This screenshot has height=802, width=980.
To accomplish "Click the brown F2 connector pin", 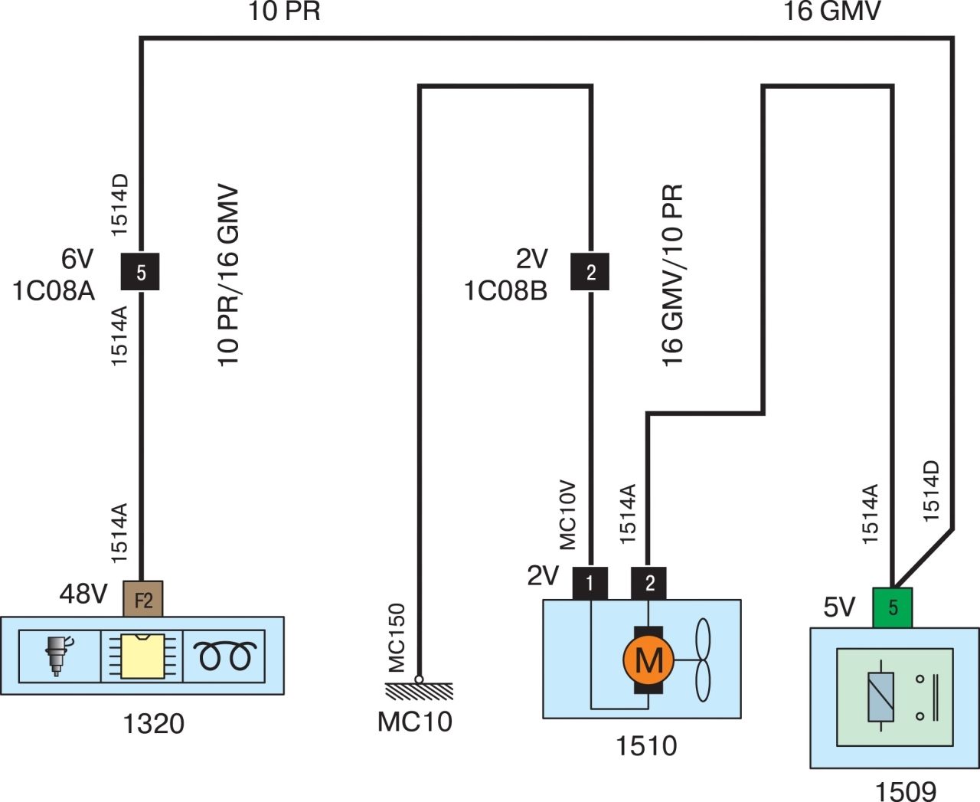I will tap(143, 599).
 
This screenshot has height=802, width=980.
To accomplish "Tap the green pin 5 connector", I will tap(893, 607).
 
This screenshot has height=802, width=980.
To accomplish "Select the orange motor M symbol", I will tap(648, 659).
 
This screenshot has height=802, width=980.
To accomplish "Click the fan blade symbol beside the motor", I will tap(702, 660).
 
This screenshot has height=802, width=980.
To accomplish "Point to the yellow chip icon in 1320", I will tap(142, 656).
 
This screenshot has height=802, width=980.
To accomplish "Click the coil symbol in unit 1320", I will tap(224, 656).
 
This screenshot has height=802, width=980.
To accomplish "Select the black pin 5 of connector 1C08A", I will tap(140, 272).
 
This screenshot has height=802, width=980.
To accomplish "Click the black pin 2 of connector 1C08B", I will tap(590, 272).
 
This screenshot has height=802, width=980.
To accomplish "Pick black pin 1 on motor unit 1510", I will tap(590, 584).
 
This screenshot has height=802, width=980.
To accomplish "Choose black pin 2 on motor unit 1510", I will tap(649, 584).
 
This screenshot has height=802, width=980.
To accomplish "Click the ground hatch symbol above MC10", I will tap(419, 690).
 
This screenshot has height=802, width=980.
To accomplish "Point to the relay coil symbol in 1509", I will tap(880, 696).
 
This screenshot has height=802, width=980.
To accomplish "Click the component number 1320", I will tap(154, 724).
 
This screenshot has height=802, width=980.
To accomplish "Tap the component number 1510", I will tap(646, 745).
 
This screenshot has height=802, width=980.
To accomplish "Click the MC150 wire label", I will tap(397, 639).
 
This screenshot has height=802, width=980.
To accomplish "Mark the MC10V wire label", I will tap(567, 515).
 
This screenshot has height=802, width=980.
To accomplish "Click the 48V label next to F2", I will tap(83, 594).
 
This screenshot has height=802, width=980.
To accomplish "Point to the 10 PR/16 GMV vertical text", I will tap(228, 276).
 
